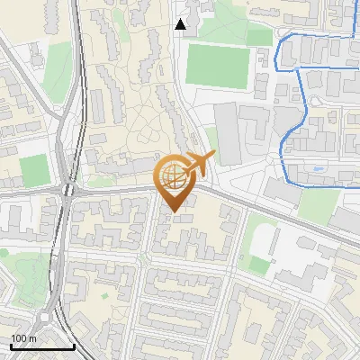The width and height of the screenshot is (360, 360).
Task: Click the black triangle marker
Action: click(181, 24)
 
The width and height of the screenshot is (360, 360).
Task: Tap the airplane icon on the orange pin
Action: click(197, 165)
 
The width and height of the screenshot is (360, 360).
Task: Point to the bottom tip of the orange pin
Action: click(174, 212)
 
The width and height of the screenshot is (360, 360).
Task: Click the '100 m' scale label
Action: click(23, 337)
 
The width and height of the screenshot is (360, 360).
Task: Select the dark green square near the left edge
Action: click(33, 169)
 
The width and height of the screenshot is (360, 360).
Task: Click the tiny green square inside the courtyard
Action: click(105, 295)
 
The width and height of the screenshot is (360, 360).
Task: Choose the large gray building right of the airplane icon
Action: click(228, 134)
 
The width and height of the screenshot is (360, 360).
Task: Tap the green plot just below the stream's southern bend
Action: click(318, 206)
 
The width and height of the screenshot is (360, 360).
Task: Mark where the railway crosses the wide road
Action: click(67, 190)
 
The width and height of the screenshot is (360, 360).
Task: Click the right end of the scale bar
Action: click(74, 346)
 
